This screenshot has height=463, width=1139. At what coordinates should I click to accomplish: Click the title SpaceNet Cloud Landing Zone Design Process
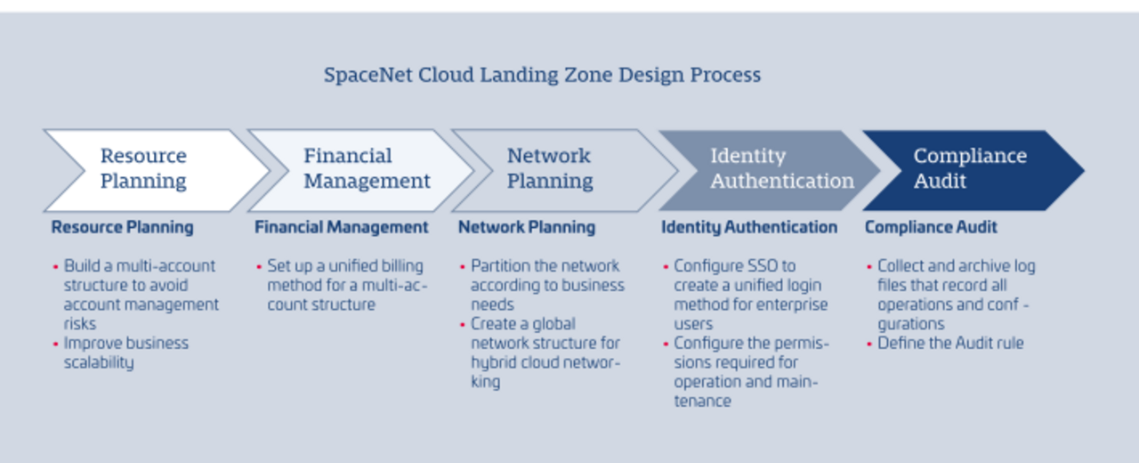click(543, 76)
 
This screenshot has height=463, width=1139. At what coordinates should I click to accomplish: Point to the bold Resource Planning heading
click(122, 227)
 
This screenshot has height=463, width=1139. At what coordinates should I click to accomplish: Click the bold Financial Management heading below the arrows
click(342, 227)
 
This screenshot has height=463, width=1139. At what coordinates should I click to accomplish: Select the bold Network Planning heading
click(527, 227)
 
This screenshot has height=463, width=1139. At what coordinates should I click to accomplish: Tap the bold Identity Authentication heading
click(749, 227)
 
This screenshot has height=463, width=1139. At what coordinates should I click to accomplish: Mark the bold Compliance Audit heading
click(931, 227)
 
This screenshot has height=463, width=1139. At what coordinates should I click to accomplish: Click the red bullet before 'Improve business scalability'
click(55, 344)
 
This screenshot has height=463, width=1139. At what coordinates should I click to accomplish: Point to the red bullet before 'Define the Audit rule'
click(869, 344)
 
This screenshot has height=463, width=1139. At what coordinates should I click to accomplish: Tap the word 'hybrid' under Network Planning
click(492, 362)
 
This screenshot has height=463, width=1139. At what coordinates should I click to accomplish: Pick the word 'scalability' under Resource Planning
click(99, 362)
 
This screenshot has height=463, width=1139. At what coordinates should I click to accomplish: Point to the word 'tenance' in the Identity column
click(703, 402)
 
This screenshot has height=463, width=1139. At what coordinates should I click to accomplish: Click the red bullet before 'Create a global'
click(462, 325)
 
